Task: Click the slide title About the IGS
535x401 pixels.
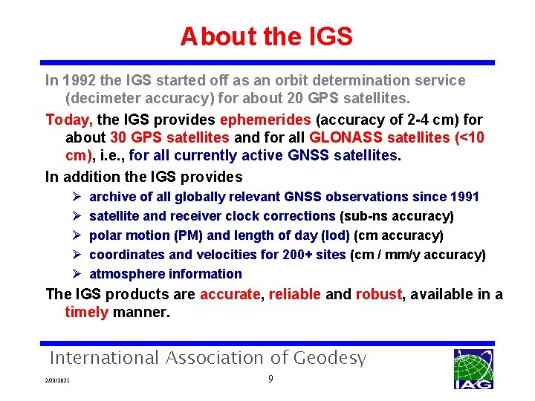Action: click(266, 36)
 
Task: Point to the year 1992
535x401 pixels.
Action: click(78, 80)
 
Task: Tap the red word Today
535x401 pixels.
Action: click(69, 120)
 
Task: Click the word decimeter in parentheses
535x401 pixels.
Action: click(101, 98)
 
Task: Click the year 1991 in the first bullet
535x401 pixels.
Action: click(464, 197)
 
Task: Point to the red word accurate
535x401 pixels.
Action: click(229, 294)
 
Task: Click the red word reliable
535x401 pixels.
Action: click(295, 294)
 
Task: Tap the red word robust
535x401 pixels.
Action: click(378, 294)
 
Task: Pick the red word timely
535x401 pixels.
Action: click(86, 313)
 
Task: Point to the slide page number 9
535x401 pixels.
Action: click(271, 379)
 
